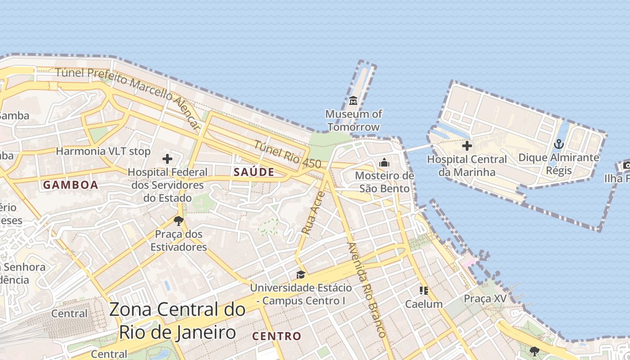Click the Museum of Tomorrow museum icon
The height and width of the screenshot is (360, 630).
pyautogui.click(x=353, y=100)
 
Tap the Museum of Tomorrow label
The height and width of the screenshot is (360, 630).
pyautogui.click(x=353, y=121)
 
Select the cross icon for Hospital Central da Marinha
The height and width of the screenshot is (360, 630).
pyautogui.click(x=467, y=146)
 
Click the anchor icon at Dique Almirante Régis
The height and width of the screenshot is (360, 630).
pyautogui.click(x=558, y=144)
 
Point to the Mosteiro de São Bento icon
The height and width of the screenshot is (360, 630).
pyautogui.click(x=384, y=162)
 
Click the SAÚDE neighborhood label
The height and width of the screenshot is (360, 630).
pyautogui.click(x=254, y=172)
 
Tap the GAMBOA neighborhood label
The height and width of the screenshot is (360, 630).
pyautogui.click(x=70, y=184)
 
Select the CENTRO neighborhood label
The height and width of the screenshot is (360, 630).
pyautogui.click(x=276, y=336)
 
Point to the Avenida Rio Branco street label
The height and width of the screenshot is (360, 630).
pyautogui.click(x=367, y=290)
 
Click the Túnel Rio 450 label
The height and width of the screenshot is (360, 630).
pyautogui.click(x=288, y=154)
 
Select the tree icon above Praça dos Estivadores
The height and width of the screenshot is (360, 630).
pyautogui.click(x=179, y=221)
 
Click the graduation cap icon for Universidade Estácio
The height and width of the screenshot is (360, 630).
pyautogui.click(x=300, y=274)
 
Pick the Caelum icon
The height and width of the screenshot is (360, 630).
pyautogui.click(x=423, y=291)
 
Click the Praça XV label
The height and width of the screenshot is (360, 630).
pyautogui.click(x=485, y=299)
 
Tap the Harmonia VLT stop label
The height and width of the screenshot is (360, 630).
pyautogui.click(x=103, y=151)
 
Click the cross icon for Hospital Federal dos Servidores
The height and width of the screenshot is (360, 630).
pyautogui.click(x=167, y=158)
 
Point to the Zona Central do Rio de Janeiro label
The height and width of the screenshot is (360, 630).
pyautogui.click(x=177, y=321)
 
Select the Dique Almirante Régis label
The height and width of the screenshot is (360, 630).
pyautogui.click(x=559, y=164)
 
